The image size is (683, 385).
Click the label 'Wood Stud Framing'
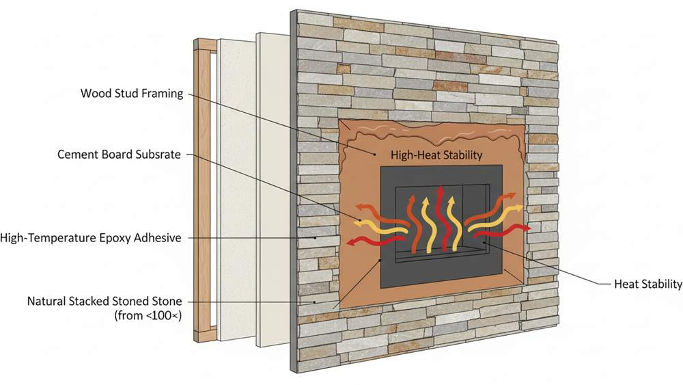pyautogui.click(x=132, y=93)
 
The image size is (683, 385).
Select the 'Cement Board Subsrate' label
pyautogui.click(x=119, y=155)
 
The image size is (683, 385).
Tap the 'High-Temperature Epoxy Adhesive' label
pyautogui.click(x=91, y=238)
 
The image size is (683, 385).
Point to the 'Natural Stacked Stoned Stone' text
pyautogui.click(x=104, y=302)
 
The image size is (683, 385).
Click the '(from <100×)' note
pyautogui.click(x=148, y=315)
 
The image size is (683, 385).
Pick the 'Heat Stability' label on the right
pyautogui.click(x=648, y=284)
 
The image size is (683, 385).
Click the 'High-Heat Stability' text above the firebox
pyautogui.click(x=436, y=155)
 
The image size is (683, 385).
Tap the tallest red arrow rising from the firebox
pyautogui.click(x=443, y=218)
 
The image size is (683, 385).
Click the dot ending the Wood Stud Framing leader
pyautogui.click(x=374, y=154)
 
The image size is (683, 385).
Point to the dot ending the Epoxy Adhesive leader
pyautogui.click(x=316, y=237)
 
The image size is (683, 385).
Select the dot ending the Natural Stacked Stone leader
pyautogui.click(x=314, y=302)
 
